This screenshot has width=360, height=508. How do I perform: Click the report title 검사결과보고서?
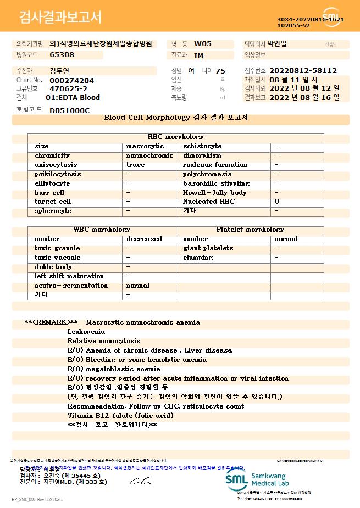[60, 18]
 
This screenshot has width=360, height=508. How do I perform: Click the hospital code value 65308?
[62, 55]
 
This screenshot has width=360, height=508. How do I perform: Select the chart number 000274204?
[71, 80]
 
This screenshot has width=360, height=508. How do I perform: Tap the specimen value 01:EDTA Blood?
[73, 98]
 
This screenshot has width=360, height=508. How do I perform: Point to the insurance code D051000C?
[69, 111]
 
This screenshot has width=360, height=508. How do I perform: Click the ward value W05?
[203, 44]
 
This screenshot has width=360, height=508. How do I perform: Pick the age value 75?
[220, 71]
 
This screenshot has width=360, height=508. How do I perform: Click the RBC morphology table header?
[176, 137]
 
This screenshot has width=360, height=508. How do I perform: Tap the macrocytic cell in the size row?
[145, 146]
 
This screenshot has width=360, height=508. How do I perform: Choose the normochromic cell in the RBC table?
[149, 155]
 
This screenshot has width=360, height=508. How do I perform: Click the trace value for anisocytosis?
[136, 165]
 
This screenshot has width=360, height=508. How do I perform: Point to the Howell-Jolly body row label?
[215, 193]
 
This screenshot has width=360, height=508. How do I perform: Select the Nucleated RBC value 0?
[277, 202]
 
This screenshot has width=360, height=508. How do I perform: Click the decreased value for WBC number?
[144, 239]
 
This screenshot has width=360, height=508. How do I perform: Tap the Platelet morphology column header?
[250, 230]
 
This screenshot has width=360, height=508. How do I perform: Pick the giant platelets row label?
[208, 248]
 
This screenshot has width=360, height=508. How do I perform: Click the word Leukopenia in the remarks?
[86, 332]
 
